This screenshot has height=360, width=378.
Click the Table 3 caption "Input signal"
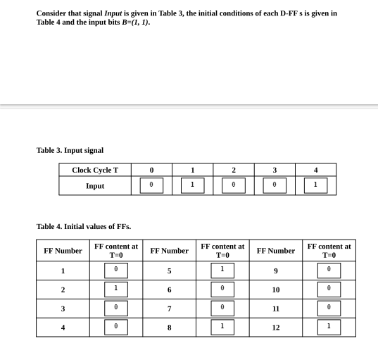coord(70,150)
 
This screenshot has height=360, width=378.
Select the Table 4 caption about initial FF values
coord(83,226)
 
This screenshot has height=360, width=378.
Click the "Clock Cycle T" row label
coord(95,170)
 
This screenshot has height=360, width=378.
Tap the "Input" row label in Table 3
coord(95,186)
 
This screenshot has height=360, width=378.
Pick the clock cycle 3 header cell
coord(275,170)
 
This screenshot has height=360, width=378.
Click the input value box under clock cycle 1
coord(192,185)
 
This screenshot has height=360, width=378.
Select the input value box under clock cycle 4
coord(315,185)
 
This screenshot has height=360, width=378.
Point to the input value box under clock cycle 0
coord(151,185)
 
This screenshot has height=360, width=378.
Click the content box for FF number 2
coord(116,290)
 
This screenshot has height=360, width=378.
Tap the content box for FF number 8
coord(222,327)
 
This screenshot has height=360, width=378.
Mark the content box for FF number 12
coord(329,327)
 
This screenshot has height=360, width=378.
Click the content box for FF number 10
coord(329,290)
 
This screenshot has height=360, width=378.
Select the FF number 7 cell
coord(169,309)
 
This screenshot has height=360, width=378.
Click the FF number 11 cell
coord(275,309)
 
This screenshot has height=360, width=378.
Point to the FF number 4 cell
coord(63,327)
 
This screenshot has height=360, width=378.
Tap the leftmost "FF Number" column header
coord(63,251)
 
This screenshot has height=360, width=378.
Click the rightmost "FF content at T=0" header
coord(329,251)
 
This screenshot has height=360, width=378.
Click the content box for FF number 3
coord(116,309)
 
